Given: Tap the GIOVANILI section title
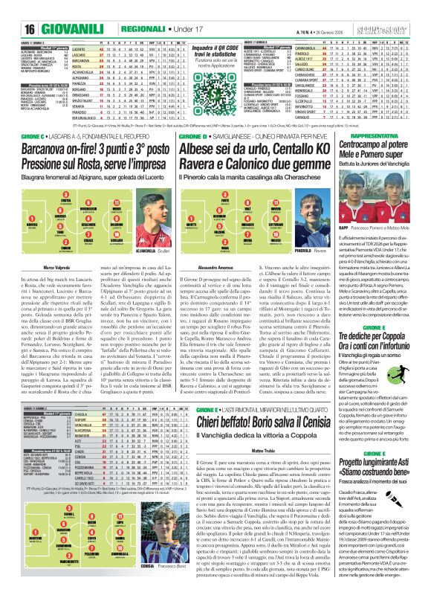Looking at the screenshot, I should [x=47, y=7].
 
